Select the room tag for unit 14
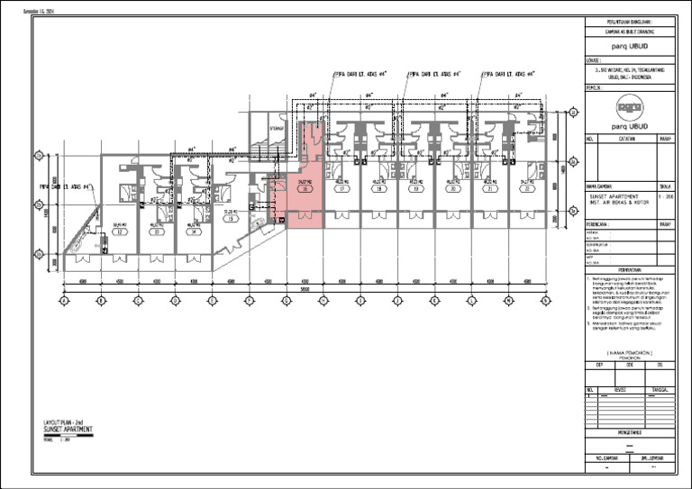(x=193, y=231)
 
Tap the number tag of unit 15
(x=231, y=219)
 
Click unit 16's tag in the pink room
(x=305, y=190)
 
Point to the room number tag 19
(x=416, y=190)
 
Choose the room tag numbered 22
(x=527, y=190)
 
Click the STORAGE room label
(x=277, y=128)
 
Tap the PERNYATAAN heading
(x=630, y=269)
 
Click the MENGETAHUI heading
(x=630, y=433)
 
